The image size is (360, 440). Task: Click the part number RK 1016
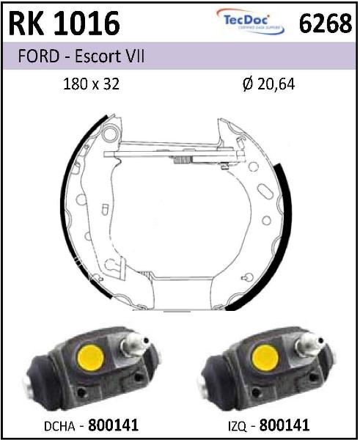pos(65,23)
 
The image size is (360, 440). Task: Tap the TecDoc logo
pos(250,21)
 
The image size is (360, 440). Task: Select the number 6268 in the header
pos(326,23)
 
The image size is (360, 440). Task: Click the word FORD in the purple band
pos(38,56)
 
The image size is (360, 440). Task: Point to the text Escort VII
pos(109,56)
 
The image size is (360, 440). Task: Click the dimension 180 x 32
pos(92,84)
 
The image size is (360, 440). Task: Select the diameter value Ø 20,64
pos(268,84)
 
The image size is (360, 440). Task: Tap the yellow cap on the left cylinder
pos(91,358)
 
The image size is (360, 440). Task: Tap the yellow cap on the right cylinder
pos(265,358)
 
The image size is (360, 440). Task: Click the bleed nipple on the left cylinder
pos(134,344)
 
